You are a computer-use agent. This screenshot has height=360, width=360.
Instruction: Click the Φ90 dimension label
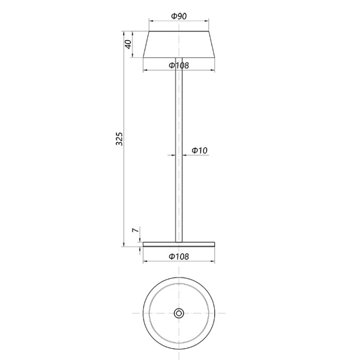tap(179, 16)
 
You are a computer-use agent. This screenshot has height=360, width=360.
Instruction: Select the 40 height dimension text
tap(128, 44)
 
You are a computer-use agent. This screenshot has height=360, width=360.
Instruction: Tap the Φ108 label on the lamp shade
tap(179, 66)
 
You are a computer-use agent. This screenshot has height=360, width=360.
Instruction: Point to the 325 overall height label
tap(120, 138)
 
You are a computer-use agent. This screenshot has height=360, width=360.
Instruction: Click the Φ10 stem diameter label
tap(199, 151)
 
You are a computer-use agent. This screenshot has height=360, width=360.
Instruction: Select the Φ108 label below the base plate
tap(179, 256)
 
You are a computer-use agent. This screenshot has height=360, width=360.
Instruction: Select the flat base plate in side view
tap(179, 244)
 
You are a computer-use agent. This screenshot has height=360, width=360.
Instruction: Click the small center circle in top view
tap(179, 313)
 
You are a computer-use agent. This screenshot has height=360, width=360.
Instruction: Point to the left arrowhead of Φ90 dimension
tap(151, 22)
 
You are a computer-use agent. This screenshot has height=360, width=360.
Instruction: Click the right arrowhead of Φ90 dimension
tap(207, 22)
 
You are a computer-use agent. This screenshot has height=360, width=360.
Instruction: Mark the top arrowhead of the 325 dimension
tap(124, 33)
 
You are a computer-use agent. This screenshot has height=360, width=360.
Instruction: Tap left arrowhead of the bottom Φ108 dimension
tap(145, 262)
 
